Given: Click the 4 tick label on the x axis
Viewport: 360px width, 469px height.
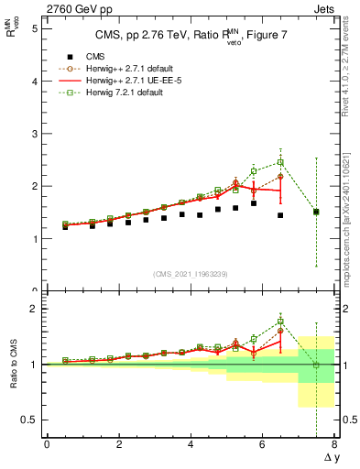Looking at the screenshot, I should pos(191,444).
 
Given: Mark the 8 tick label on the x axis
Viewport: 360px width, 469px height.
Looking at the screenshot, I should pos(334,444).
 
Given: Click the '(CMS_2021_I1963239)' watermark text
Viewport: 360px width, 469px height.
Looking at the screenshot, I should pos(191,274).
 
